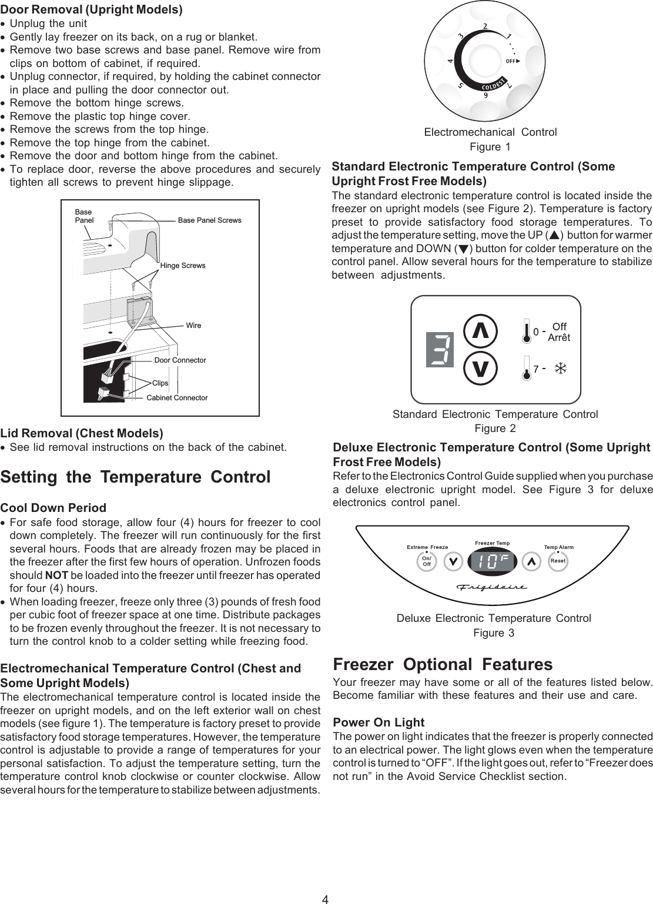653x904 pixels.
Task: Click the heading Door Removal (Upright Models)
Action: click(91, 10)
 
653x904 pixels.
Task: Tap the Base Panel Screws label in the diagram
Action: click(209, 220)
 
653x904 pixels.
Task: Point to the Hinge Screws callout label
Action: click(183, 266)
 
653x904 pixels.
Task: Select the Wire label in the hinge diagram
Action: click(193, 325)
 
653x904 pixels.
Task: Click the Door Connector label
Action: click(180, 360)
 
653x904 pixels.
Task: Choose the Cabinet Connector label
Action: click(177, 398)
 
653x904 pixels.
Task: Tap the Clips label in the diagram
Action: click(160, 383)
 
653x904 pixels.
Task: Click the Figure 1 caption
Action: click(490, 146)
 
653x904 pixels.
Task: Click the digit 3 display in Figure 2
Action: click(440, 350)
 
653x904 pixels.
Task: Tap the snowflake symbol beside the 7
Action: click(561, 369)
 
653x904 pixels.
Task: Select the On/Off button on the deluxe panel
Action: click(427, 561)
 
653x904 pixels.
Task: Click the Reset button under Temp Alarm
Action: click(557, 561)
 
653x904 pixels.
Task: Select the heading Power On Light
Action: click(379, 722)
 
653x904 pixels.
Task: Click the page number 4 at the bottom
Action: click(325, 899)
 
